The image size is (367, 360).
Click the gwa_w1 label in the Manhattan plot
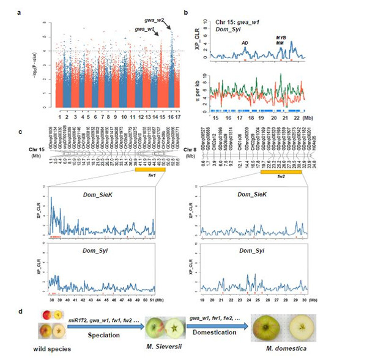tap(144, 30)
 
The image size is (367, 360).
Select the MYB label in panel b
tap(281, 37)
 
